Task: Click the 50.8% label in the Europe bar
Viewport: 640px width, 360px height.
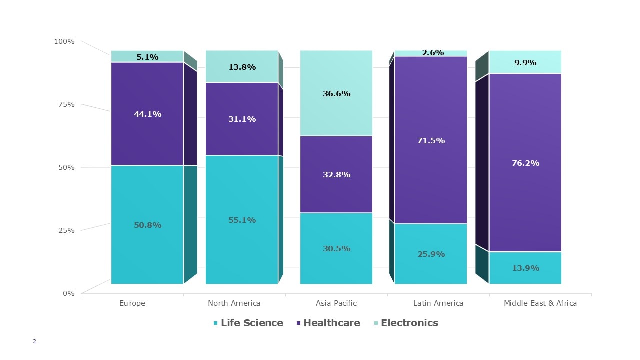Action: (x=147, y=225)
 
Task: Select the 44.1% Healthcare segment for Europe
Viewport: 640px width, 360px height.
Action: (x=147, y=114)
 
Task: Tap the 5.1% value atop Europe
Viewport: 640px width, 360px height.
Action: (x=147, y=57)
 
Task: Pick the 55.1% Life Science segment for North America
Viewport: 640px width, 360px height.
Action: (x=242, y=220)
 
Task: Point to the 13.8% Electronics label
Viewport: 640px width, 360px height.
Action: (x=242, y=67)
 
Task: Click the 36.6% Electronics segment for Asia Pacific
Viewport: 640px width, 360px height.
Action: (x=336, y=93)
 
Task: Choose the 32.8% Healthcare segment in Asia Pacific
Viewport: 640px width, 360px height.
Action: (x=336, y=174)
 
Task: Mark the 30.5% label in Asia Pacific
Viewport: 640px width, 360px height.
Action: (x=336, y=248)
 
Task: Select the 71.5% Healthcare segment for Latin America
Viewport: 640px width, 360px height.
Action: (x=431, y=140)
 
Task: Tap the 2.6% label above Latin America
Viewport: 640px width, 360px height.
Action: (x=433, y=52)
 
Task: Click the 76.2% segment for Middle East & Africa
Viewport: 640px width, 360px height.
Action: (x=525, y=163)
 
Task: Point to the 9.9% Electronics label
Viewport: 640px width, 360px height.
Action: (x=525, y=62)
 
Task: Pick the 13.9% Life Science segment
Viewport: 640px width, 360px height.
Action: (x=525, y=268)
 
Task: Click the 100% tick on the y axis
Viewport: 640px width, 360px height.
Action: (x=64, y=41)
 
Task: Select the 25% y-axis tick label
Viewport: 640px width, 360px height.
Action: (x=66, y=230)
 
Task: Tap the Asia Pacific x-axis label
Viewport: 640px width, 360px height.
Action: (x=336, y=303)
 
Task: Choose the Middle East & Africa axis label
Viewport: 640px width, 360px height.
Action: (x=540, y=303)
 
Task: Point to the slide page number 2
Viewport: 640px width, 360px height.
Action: (x=34, y=341)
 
